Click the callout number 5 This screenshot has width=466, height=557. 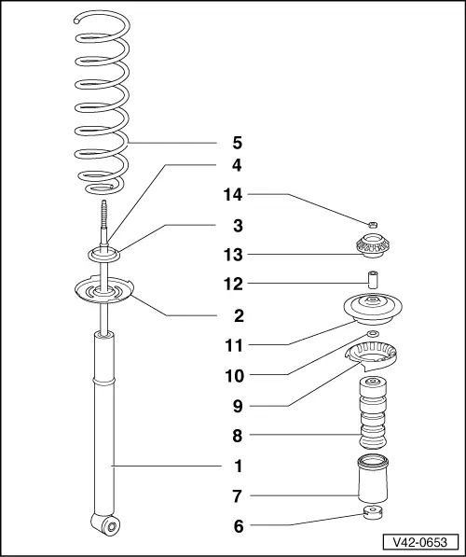(x=238, y=143)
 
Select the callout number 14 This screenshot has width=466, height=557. (x=233, y=195)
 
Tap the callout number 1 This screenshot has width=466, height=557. (x=239, y=466)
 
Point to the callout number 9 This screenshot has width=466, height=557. (x=238, y=406)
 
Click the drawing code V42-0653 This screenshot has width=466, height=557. (x=420, y=542)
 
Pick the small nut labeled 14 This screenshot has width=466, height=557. (x=372, y=225)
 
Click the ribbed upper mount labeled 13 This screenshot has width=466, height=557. (x=372, y=245)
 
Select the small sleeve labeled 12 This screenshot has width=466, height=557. (x=372, y=280)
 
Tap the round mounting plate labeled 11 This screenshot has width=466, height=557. (x=373, y=308)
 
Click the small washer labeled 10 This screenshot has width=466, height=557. (x=372, y=333)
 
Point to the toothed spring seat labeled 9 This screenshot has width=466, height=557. (x=371, y=356)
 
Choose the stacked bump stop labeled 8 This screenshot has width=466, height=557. (x=372, y=412)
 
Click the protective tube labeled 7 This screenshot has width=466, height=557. (x=373, y=479)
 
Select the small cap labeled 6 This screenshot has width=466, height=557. (x=372, y=512)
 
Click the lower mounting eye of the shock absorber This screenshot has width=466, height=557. (x=106, y=523)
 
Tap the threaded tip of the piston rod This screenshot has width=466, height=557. (x=103, y=214)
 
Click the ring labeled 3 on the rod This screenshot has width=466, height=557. (x=103, y=255)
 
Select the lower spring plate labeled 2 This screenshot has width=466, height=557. (x=103, y=290)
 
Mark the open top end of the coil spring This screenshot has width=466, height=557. (x=76, y=21)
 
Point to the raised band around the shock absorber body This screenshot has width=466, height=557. (x=103, y=381)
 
